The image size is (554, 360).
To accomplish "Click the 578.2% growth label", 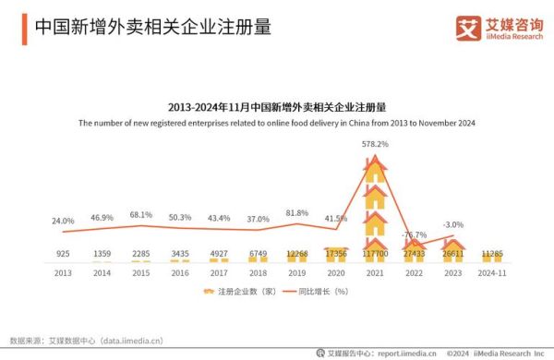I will click(374, 145).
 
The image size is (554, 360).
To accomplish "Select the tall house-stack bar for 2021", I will click(374, 208).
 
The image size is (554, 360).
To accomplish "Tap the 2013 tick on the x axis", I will click(62, 272).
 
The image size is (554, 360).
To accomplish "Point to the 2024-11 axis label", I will click(491, 272).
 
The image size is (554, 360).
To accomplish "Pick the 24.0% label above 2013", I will click(62, 221).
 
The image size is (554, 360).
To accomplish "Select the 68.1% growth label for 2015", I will click(140, 214).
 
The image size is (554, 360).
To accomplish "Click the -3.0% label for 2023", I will click(452, 224).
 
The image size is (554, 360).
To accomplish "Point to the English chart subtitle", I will click(276, 122).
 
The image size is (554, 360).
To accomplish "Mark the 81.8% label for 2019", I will click(296, 213).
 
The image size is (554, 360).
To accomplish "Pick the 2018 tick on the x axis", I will click(258, 272).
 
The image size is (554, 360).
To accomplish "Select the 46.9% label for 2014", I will click(102, 218).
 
